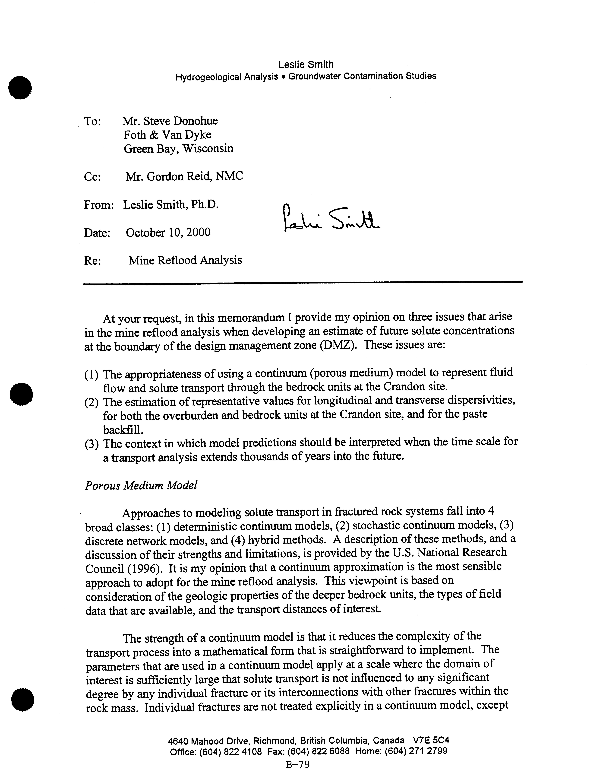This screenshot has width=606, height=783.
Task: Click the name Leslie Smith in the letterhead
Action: pos(306,65)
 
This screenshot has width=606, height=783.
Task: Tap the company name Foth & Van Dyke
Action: pos(167,135)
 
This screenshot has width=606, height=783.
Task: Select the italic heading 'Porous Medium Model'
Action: pos(141,485)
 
